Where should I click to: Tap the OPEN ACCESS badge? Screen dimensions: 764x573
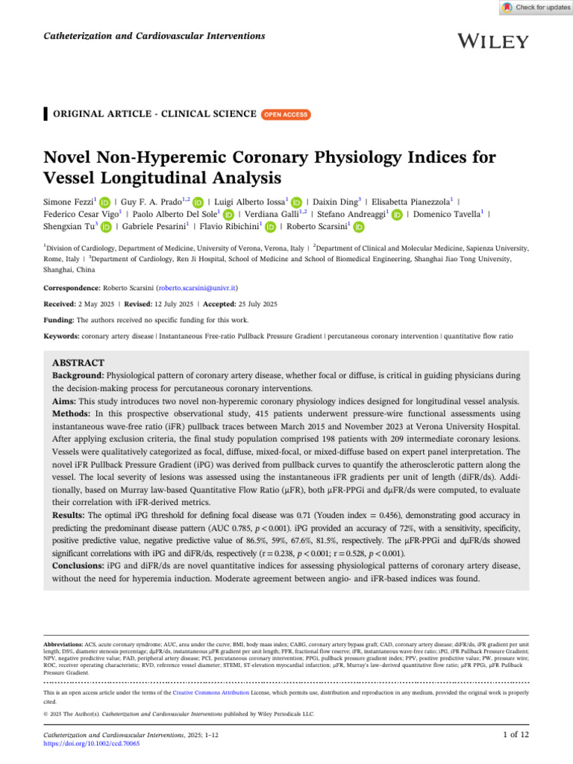pos(286,114)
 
